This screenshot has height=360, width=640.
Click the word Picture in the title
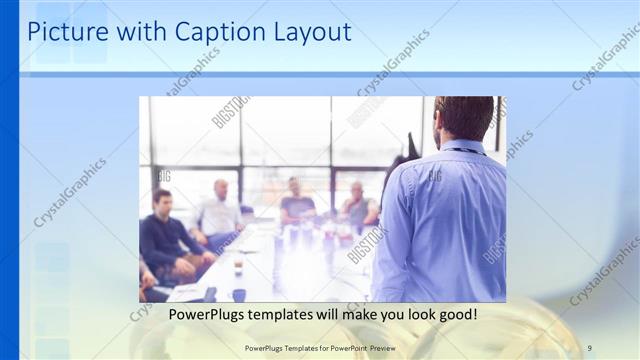(63, 32)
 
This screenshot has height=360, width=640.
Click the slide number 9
(589, 347)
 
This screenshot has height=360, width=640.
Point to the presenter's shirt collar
(463, 147)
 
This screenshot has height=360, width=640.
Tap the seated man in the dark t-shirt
(297, 205)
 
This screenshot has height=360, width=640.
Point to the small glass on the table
(238, 267)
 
